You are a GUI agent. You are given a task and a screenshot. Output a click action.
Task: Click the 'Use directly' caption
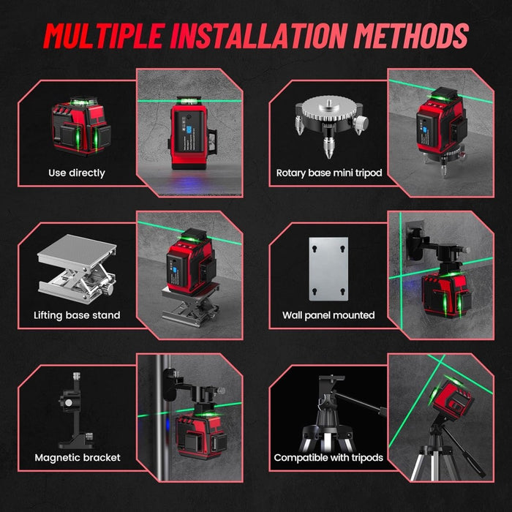[x=77, y=173]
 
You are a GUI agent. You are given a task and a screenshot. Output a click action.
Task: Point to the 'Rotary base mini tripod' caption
[x=329, y=173]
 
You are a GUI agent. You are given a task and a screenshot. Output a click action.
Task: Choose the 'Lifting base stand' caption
[x=77, y=315]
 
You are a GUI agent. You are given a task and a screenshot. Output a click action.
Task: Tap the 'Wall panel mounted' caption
[x=328, y=315]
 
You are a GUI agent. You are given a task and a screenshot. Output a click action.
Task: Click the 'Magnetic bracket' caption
[x=78, y=457]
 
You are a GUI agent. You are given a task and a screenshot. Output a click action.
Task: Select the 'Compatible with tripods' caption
[x=328, y=458]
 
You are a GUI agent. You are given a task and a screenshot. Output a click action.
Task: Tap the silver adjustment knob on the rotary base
[x=361, y=124]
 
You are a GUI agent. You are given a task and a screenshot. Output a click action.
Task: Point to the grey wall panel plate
[x=328, y=269]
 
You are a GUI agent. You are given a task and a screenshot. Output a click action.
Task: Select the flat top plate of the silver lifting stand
[x=77, y=247]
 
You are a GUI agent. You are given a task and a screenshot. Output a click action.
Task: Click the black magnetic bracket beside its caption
[x=76, y=410]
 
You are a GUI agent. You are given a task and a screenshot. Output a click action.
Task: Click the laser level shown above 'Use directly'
[x=80, y=126]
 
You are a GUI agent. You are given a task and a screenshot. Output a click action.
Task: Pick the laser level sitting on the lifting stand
[x=192, y=261]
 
